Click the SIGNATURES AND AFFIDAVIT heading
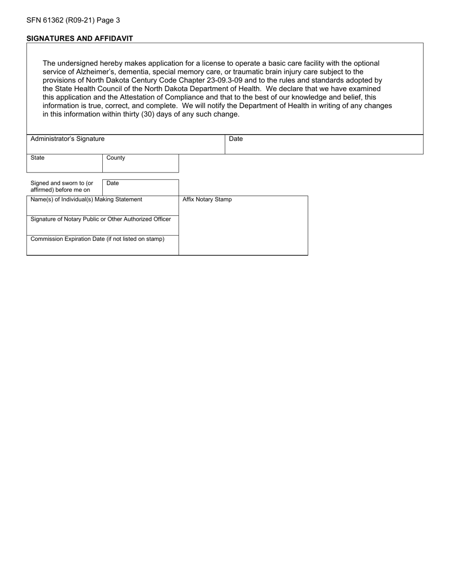coord(80,38)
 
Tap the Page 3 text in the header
coord(109,20)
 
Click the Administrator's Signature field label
coord(67,139)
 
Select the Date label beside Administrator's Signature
coord(235,139)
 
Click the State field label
coord(37,158)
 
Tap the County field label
coord(116,158)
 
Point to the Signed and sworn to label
coord(62,186)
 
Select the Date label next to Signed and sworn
coord(113,183)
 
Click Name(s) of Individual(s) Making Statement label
coord(86,200)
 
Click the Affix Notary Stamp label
coord(207,200)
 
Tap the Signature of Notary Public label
coord(100,219)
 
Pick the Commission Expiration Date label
coord(97,239)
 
